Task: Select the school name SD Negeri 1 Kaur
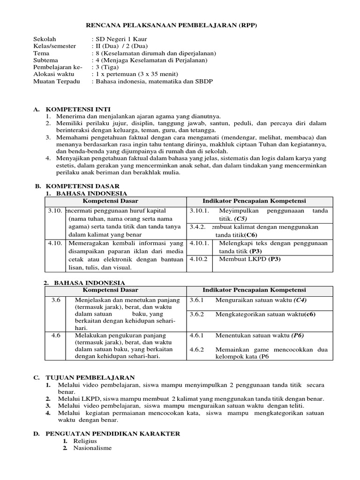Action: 119,39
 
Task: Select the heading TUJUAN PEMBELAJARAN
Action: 90,377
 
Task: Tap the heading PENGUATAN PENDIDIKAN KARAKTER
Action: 112,434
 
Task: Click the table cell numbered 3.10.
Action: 55,211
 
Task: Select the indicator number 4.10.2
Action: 199,258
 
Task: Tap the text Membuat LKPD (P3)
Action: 250,258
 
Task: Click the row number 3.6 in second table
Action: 56,300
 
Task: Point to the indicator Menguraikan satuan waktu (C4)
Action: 261,300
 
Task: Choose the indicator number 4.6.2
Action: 197,350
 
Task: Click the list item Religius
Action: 85,441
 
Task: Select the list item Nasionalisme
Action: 92,448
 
